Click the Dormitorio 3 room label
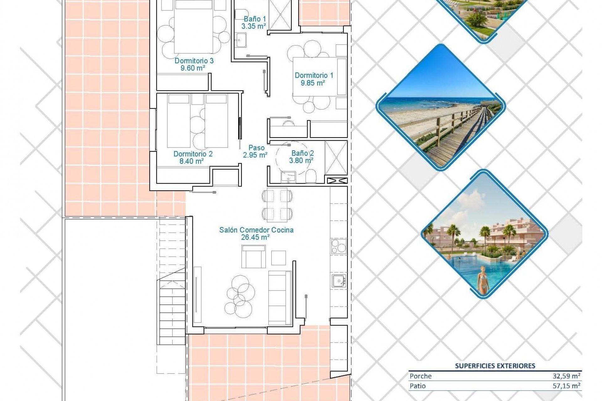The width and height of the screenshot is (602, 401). [x=194, y=60]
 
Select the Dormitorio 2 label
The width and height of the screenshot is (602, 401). [x=193, y=154]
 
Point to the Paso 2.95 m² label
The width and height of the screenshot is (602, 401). [x=256, y=151]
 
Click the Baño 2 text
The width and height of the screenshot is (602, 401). [x=302, y=153]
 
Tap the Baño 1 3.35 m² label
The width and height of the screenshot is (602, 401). [x=254, y=23]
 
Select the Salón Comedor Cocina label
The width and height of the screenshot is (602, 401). [x=256, y=230]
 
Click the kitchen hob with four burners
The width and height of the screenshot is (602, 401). [x=338, y=246]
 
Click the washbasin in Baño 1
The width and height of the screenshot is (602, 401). [x=241, y=41]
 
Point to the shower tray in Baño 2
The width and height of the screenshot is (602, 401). [x=336, y=158]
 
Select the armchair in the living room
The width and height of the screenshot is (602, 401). [x=254, y=257]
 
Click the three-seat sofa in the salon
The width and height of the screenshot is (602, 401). [x=280, y=297]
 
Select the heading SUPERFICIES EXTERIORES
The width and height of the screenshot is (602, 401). [x=495, y=366]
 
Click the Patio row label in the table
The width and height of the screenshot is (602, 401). [x=418, y=386]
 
